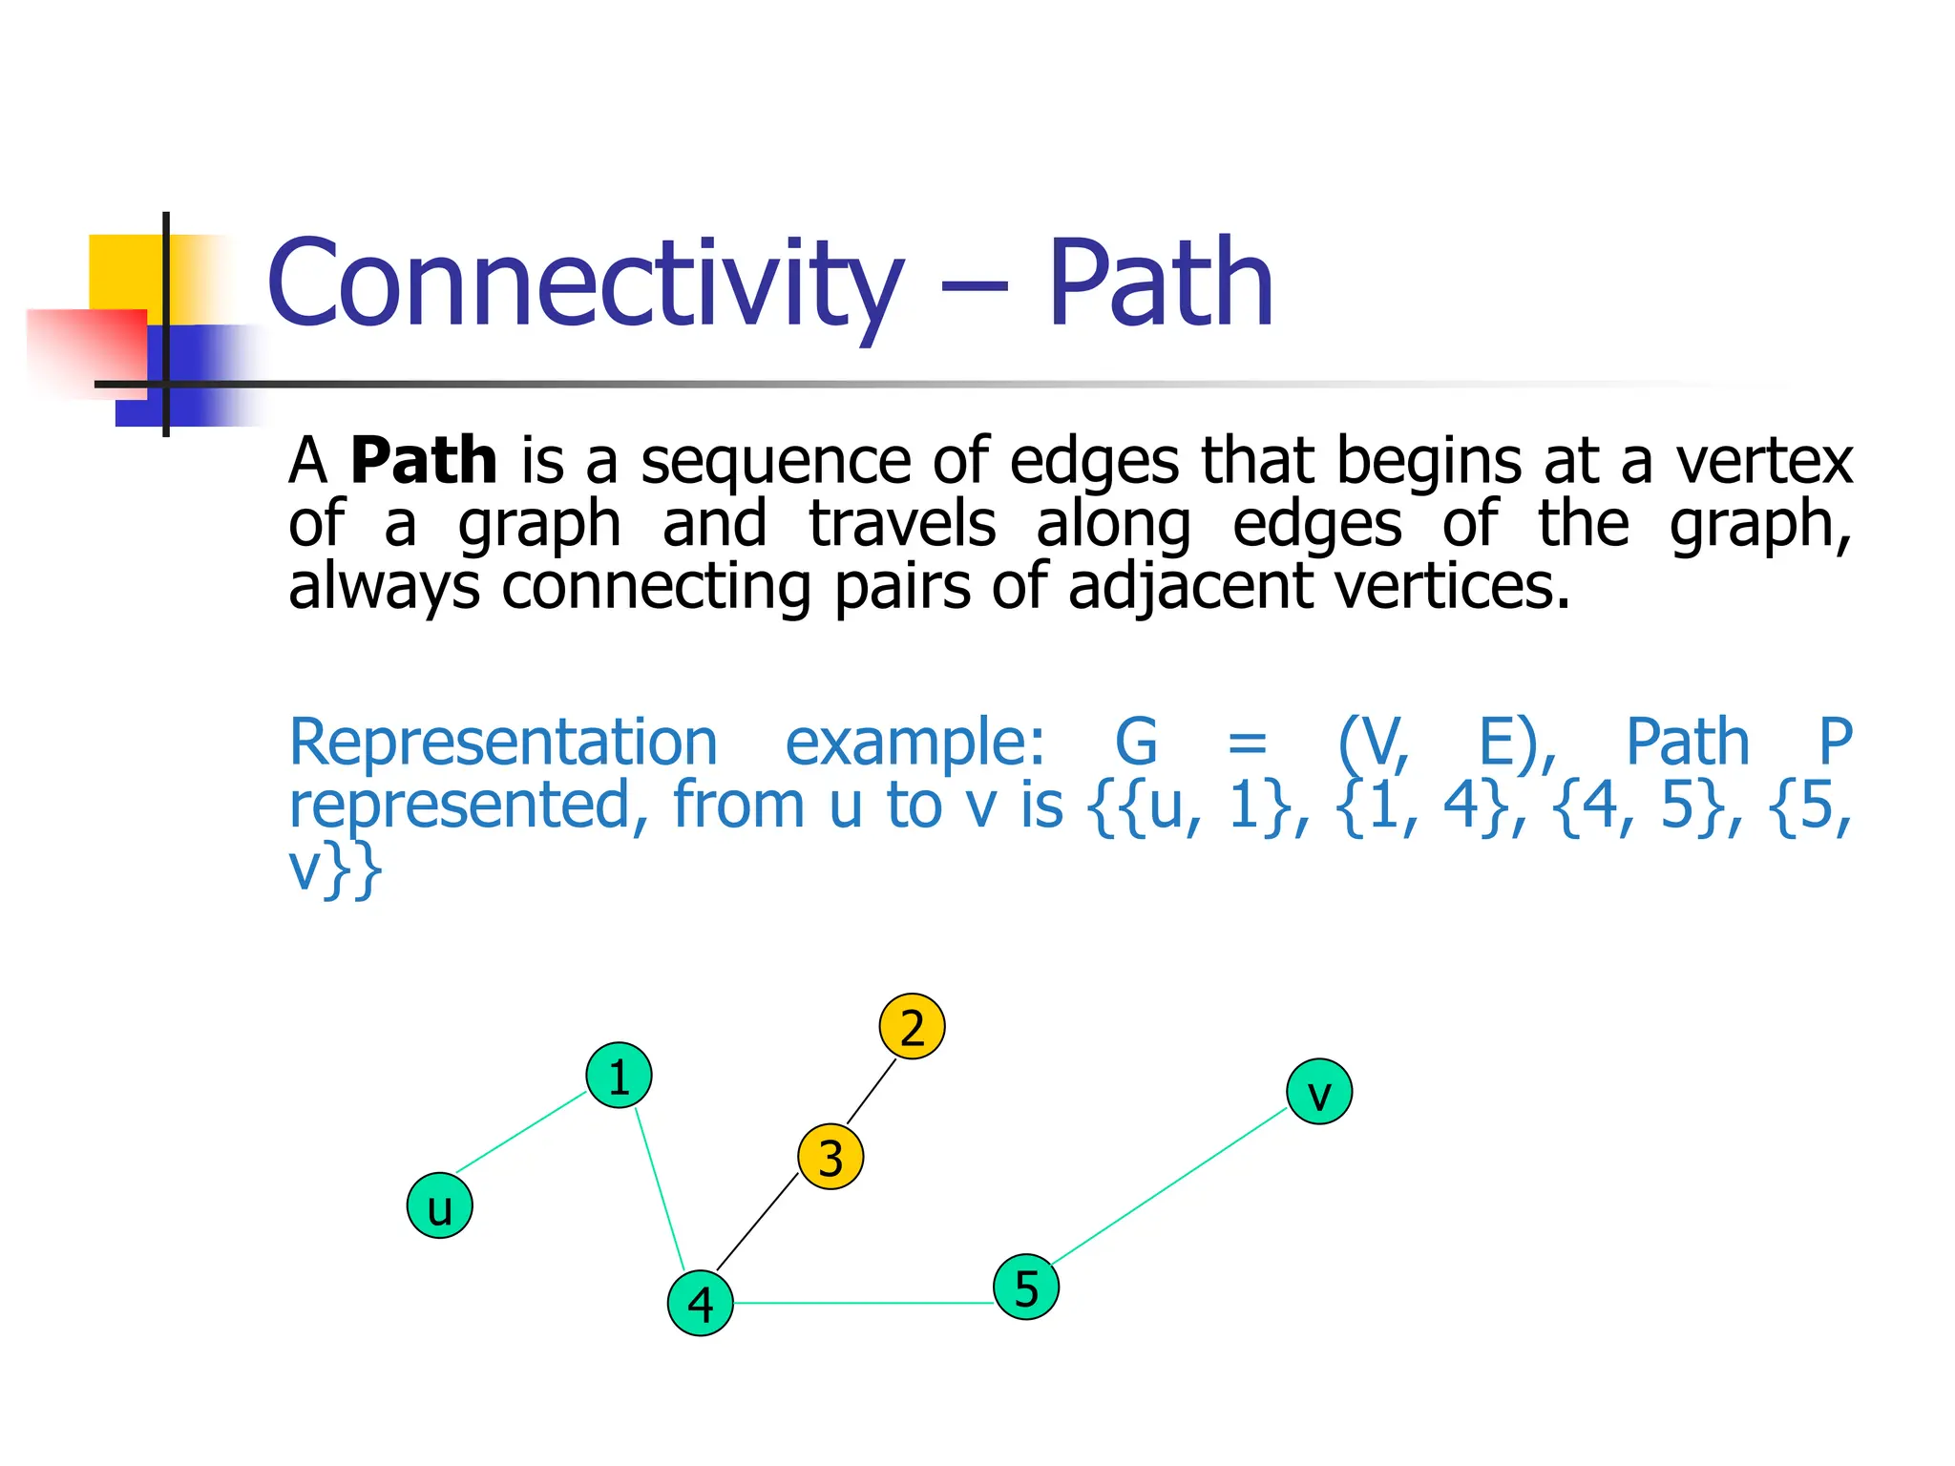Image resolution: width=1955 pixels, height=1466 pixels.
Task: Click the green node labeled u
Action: [x=439, y=1205]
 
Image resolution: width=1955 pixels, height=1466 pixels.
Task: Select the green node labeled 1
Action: [x=619, y=1075]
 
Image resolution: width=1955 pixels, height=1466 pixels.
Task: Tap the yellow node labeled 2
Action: [x=912, y=1026]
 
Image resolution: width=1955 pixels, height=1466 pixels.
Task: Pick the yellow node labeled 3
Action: [x=830, y=1157]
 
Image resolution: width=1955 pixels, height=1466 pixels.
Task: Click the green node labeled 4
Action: [x=700, y=1303]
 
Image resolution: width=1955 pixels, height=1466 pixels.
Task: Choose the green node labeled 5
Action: [x=1026, y=1287]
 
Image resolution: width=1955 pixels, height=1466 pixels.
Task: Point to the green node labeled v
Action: [x=1319, y=1091]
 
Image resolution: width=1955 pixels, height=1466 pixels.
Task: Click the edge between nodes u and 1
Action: [x=522, y=1132]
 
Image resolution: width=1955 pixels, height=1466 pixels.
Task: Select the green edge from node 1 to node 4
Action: [x=660, y=1189]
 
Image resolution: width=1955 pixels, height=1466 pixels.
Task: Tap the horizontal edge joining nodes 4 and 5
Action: [x=864, y=1303]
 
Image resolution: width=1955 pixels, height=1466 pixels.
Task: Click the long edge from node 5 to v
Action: [x=1169, y=1186]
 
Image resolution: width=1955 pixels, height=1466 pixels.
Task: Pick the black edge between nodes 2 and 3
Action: [x=872, y=1091]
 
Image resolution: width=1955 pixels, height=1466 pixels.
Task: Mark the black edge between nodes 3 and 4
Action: [x=757, y=1223]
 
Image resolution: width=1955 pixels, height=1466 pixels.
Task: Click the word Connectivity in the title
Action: [x=584, y=283]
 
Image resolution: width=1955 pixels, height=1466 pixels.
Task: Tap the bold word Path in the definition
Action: [x=424, y=461]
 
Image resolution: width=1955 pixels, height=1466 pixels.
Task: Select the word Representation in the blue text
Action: [x=503, y=742]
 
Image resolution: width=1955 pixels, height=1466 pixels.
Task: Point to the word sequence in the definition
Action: [x=775, y=461]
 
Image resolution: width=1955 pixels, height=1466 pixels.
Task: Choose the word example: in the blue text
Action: [x=914, y=742]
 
